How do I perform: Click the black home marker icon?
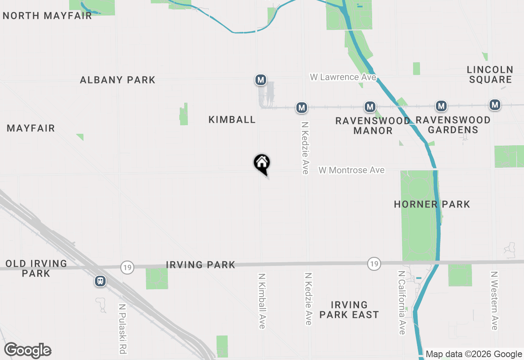[262, 164]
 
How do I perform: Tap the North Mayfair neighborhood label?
[47, 16]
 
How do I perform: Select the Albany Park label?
[117, 80]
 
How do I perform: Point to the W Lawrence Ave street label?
[343, 77]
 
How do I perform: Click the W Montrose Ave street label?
[352, 170]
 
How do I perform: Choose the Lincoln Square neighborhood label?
[490, 74]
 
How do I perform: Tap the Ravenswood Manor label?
[373, 126]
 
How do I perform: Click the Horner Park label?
[432, 204]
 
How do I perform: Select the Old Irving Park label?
[36, 268]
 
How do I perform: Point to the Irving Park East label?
[349, 310]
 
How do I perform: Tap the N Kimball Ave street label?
[262, 301]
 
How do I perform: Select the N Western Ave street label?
[495, 301]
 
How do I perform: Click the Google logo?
[27, 351]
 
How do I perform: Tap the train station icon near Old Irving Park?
[100, 281]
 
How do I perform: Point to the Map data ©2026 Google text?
[474, 354]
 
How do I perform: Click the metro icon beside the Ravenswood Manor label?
[370, 107]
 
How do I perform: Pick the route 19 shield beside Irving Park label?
[127, 268]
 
